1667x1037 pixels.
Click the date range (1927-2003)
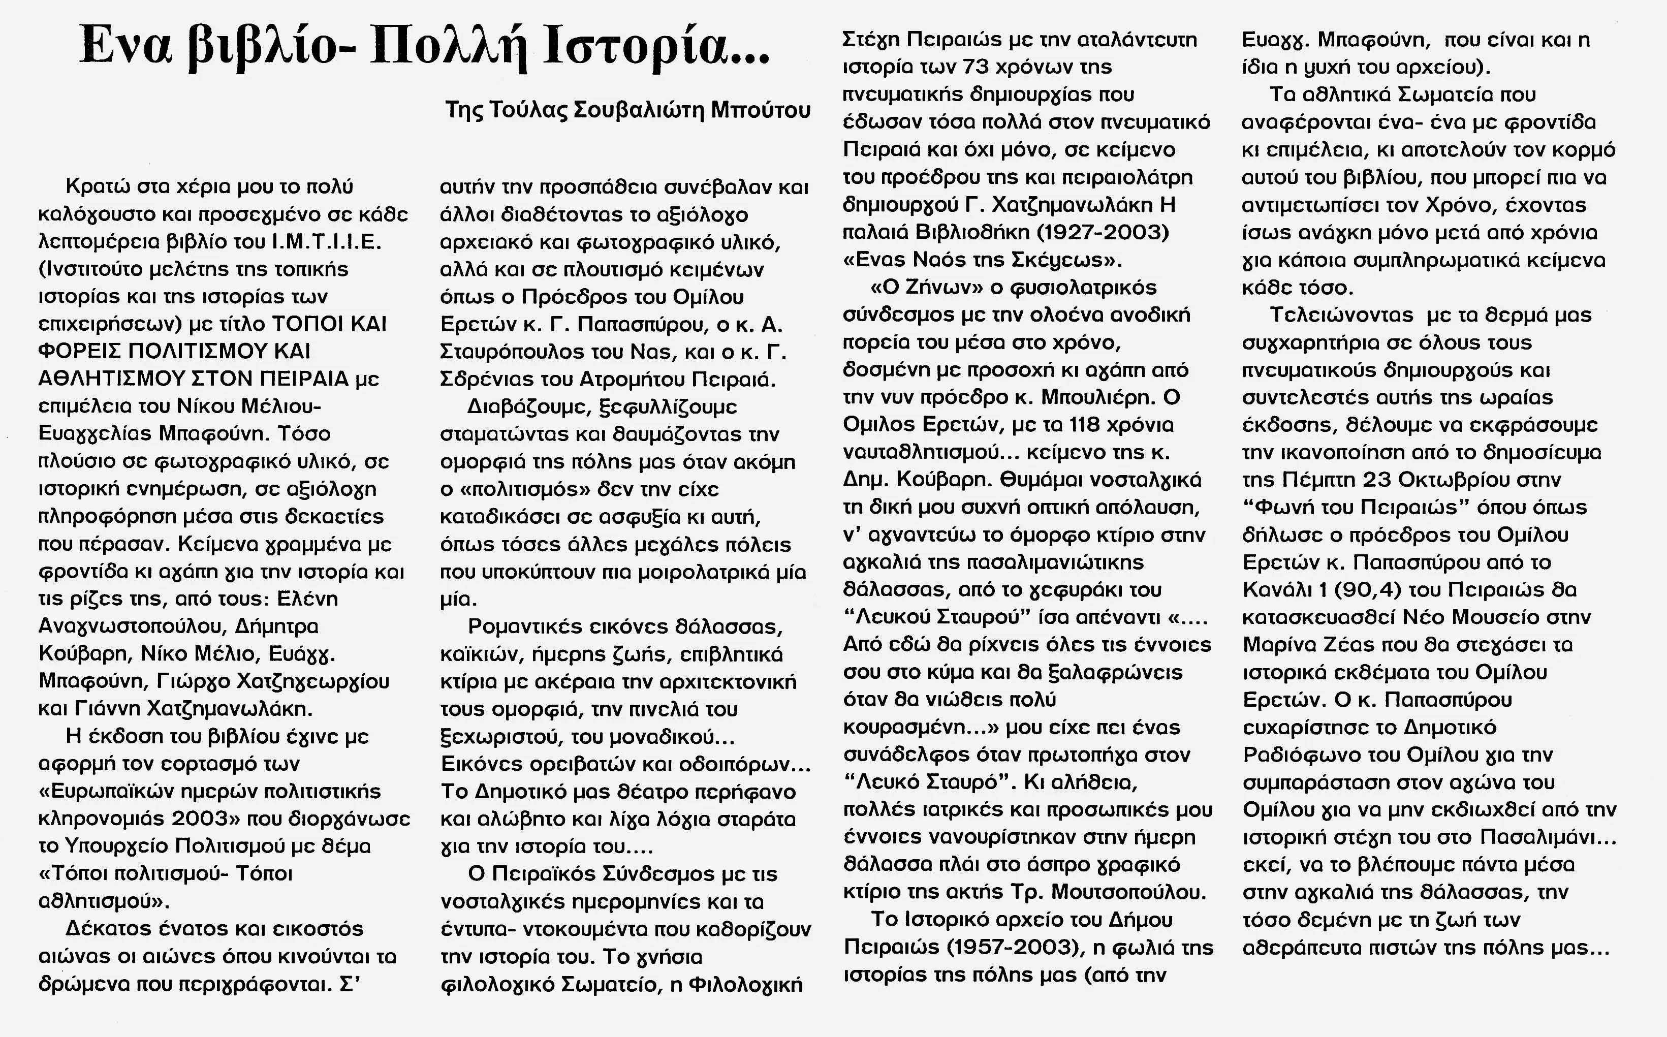coord(1102,232)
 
